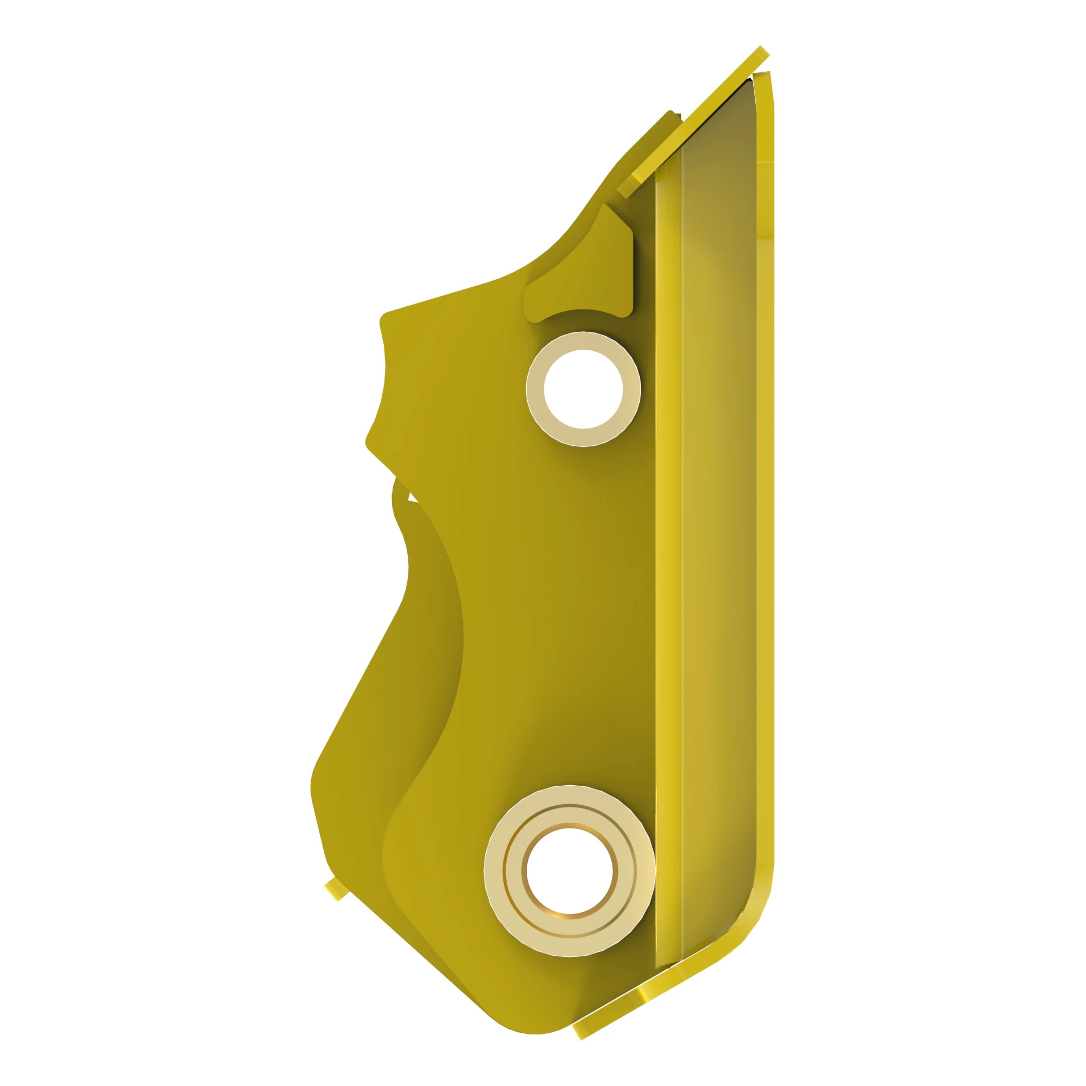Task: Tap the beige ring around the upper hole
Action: coord(536,389)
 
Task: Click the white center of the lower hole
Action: coord(569,871)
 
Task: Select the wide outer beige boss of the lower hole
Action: coord(495,871)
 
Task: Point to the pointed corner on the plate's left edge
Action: coord(370,444)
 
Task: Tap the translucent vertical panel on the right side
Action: coord(719,506)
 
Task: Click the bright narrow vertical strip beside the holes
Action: coord(668,506)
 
